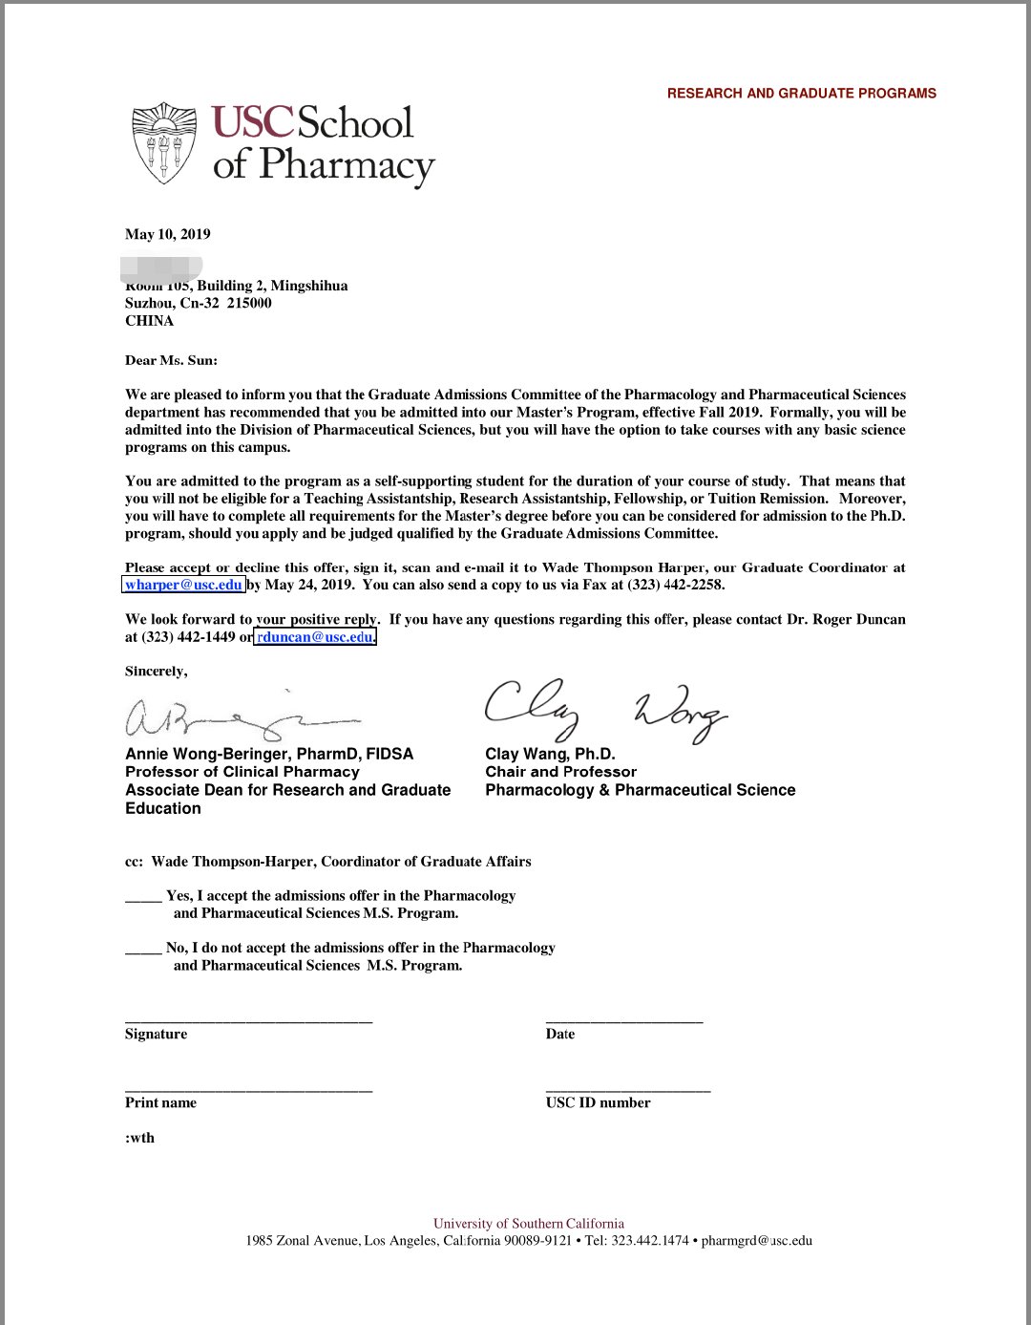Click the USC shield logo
pos(164,142)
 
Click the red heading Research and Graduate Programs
pos(801,94)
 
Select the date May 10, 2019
pos(168,234)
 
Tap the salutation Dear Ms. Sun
pos(171,360)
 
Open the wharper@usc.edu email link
pos(183,585)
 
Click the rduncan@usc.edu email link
pos(315,637)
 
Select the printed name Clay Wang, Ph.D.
pos(550,754)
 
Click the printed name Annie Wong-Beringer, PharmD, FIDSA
pos(269,754)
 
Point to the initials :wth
pos(139,1138)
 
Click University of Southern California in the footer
pos(528,1224)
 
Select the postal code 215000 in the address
pos(249,303)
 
